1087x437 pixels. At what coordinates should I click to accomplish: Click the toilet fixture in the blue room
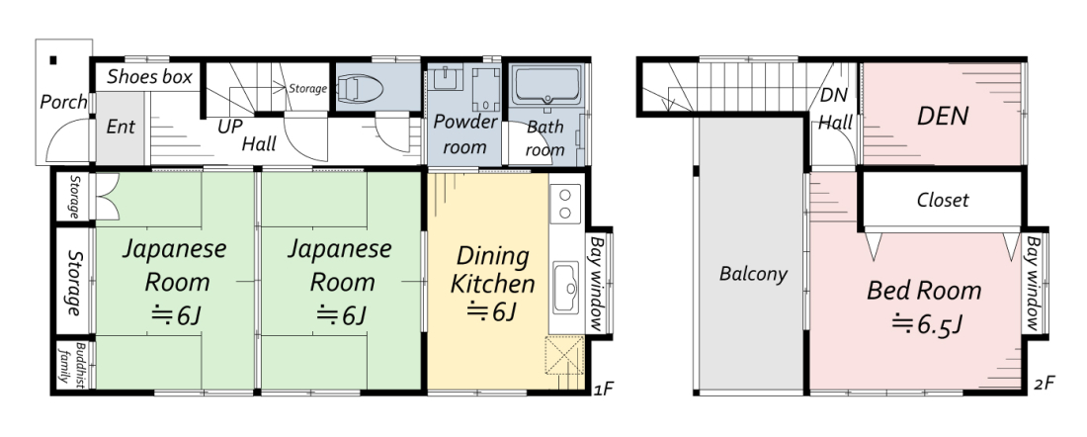tap(359, 89)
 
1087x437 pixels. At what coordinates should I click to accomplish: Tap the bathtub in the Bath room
tap(547, 86)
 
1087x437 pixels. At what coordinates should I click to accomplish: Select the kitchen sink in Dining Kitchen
tap(567, 287)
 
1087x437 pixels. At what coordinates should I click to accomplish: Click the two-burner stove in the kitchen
tap(565, 204)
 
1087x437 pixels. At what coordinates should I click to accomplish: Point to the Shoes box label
tap(150, 77)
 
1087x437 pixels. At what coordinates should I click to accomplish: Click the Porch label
tap(64, 103)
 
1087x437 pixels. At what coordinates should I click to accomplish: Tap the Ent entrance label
tap(121, 128)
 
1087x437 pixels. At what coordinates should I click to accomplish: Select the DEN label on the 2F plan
tap(942, 116)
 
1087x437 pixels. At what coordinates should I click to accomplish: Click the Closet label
tap(943, 201)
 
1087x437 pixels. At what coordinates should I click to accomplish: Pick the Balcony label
tap(753, 274)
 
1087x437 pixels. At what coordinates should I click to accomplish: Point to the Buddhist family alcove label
tap(75, 363)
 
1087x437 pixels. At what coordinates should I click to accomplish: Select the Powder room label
tap(464, 134)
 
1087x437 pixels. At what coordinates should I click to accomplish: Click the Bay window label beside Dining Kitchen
tap(597, 284)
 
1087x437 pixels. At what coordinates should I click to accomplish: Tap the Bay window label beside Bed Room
tap(1034, 284)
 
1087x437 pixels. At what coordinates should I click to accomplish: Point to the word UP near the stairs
tap(229, 127)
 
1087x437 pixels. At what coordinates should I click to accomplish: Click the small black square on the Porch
tap(53, 59)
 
